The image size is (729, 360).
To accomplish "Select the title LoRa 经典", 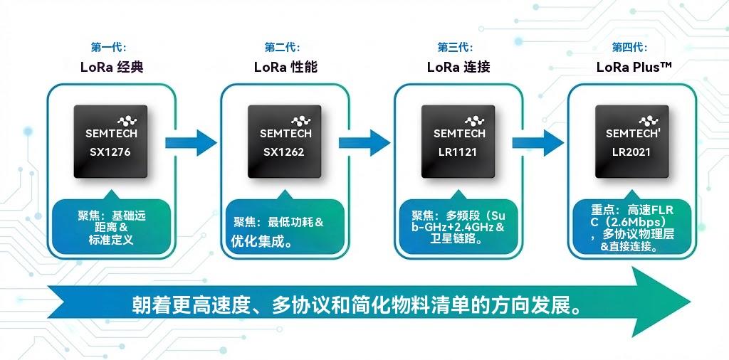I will [112, 68].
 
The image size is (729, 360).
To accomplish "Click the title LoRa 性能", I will [285, 68].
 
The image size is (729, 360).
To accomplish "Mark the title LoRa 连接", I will [458, 68].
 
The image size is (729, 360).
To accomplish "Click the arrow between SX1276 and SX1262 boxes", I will [191, 142].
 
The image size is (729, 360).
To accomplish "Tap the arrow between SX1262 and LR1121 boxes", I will [364, 142].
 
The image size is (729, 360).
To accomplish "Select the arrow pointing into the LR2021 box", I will [538, 142].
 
